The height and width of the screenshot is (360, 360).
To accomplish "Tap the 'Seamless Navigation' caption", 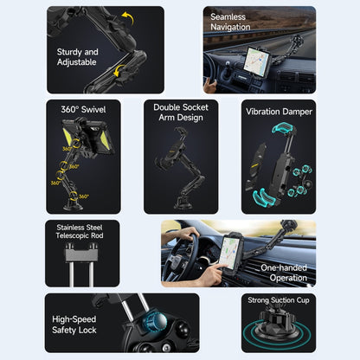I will coord(229,22).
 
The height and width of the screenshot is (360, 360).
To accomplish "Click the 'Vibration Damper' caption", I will coord(278,111).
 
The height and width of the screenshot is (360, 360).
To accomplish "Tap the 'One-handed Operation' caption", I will coord(283,273).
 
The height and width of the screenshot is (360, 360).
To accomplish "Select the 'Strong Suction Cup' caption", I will coord(278,301).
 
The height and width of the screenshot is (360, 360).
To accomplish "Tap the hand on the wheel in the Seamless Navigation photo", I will coord(209,85).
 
